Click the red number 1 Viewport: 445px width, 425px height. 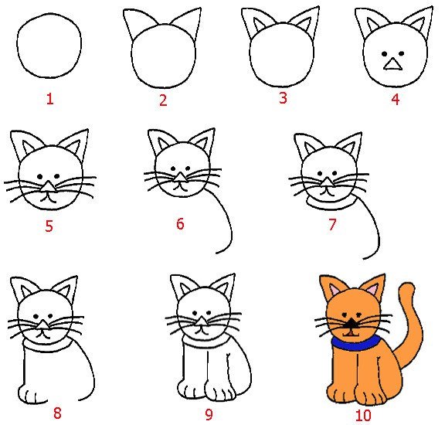point(50,100)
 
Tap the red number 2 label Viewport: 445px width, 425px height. point(163,100)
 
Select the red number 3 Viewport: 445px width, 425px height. point(283,98)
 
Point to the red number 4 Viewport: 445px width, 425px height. point(395,100)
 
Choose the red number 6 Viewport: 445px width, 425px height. point(180,224)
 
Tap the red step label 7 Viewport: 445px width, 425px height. point(332,225)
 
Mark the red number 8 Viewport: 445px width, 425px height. point(57,413)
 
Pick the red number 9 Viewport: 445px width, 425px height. point(209,414)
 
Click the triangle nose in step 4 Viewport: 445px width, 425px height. point(394,65)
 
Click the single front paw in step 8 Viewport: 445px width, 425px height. point(32,395)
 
